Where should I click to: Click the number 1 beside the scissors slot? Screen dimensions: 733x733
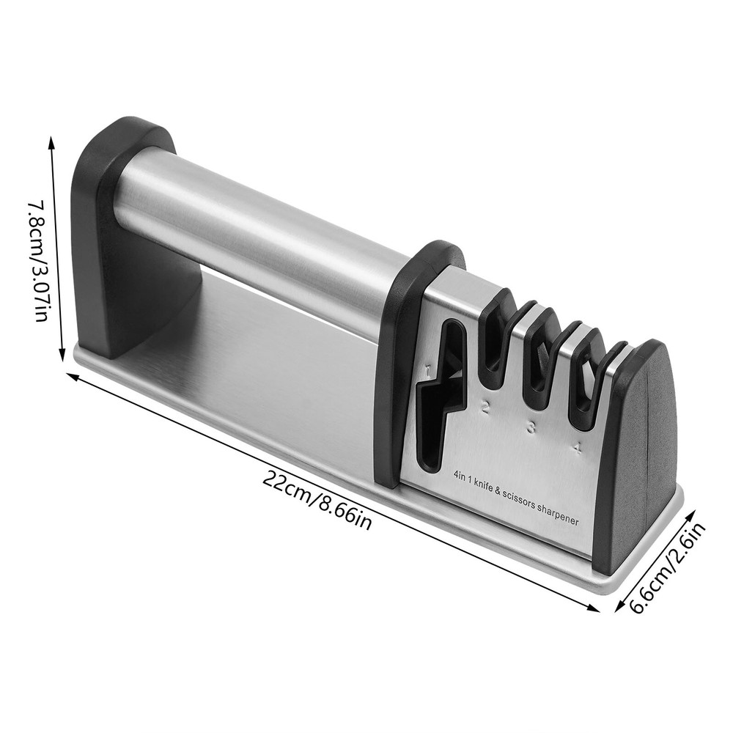click(427, 361)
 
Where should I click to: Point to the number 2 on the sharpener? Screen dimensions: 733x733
click(485, 408)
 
